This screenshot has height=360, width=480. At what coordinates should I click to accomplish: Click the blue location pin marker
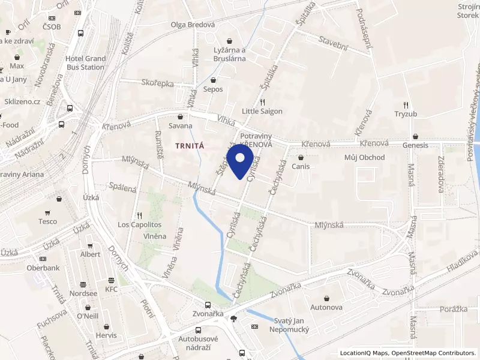pyautogui.click(x=241, y=160)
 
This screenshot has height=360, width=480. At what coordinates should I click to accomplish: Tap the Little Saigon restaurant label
pyautogui.click(x=262, y=111)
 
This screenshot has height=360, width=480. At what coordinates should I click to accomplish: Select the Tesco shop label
pyautogui.click(x=47, y=221)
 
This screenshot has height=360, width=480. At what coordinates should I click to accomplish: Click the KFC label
pyautogui.click(x=112, y=289)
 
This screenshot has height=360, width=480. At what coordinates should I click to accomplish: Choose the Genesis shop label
pyautogui.click(x=415, y=145)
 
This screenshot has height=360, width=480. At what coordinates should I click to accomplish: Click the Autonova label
pyautogui.click(x=326, y=307)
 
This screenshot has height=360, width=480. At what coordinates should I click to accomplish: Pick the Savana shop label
pyautogui.click(x=180, y=125)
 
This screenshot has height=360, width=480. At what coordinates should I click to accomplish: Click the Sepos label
pyautogui.click(x=213, y=89)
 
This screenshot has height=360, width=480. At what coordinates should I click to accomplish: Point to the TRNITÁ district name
pyautogui.click(x=190, y=145)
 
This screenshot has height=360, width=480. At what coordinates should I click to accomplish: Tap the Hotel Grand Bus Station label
pyautogui.click(x=85, y=63)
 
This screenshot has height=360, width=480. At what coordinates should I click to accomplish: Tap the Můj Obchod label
pyautogui.click(x=364, y=157)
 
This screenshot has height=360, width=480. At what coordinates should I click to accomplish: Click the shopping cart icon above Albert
pyautogui.click(x=90, y=245)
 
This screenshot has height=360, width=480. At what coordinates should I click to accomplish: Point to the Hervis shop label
pyautogui.click(x=106, y=335)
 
